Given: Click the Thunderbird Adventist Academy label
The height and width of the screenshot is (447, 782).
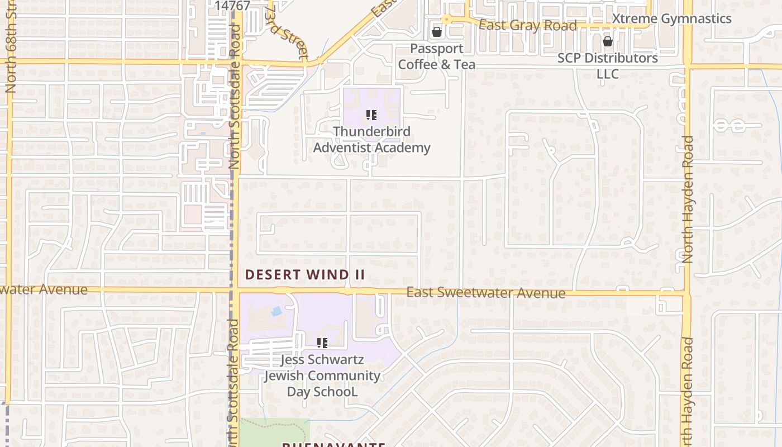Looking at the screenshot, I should pyautogui.click(x=371, y=140).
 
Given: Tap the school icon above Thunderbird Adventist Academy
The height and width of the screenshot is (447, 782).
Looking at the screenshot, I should pyautogui.click(x=371, y=116).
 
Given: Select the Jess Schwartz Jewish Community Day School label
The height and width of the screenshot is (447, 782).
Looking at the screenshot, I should pyautogui.click(x=322, y=375).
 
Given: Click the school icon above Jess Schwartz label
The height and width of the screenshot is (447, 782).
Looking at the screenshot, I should pyautogui.click(x=322, y=343).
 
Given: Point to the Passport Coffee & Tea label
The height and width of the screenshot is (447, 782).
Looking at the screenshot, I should pyautogui.click(x=436, y=56).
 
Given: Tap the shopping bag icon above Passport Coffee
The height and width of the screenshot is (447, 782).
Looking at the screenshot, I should pyautogui.click(x=437, y=32).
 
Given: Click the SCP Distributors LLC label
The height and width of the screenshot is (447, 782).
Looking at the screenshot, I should pyautogui.click(x=608, y=65).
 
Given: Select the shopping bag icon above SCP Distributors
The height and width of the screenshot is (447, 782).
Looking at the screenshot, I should pyautogui.click(x=608, y=41).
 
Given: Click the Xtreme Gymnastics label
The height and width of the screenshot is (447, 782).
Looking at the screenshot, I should pyautogui.click(x=671, y=18).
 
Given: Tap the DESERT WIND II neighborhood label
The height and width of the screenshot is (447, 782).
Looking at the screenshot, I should pyautogui.click(x=305, y=274).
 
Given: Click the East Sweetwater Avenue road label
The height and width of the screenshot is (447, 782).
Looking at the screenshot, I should pyautogui.click(x=485, y=293).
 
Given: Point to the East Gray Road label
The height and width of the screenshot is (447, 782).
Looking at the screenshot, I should pyautogui.click(x=528, y=26).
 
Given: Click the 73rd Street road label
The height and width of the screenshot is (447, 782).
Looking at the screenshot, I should pyautogui.click(x=287, y=32).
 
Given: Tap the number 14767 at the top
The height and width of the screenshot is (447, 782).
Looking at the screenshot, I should pyautogui.click(x=232, y=6).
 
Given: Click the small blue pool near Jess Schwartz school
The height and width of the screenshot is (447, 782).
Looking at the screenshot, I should pyautogui.click(x=276, y=311).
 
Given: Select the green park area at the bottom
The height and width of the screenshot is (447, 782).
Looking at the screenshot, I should pyautogui.click(x=275, y=432).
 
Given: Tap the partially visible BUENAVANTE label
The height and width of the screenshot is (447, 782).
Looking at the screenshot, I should pyautogui.click(x=333, y=445).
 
